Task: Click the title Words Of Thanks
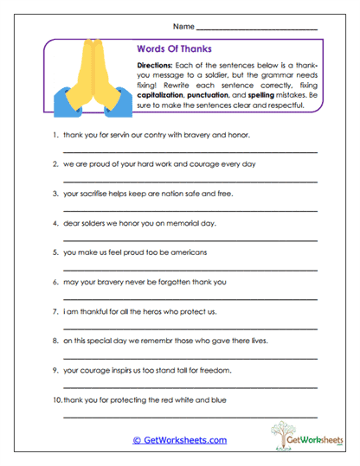pos(174,49)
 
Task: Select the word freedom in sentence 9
pos(215,369)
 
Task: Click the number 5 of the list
pos(55,252)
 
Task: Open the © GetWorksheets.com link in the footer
pos(179,440)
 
